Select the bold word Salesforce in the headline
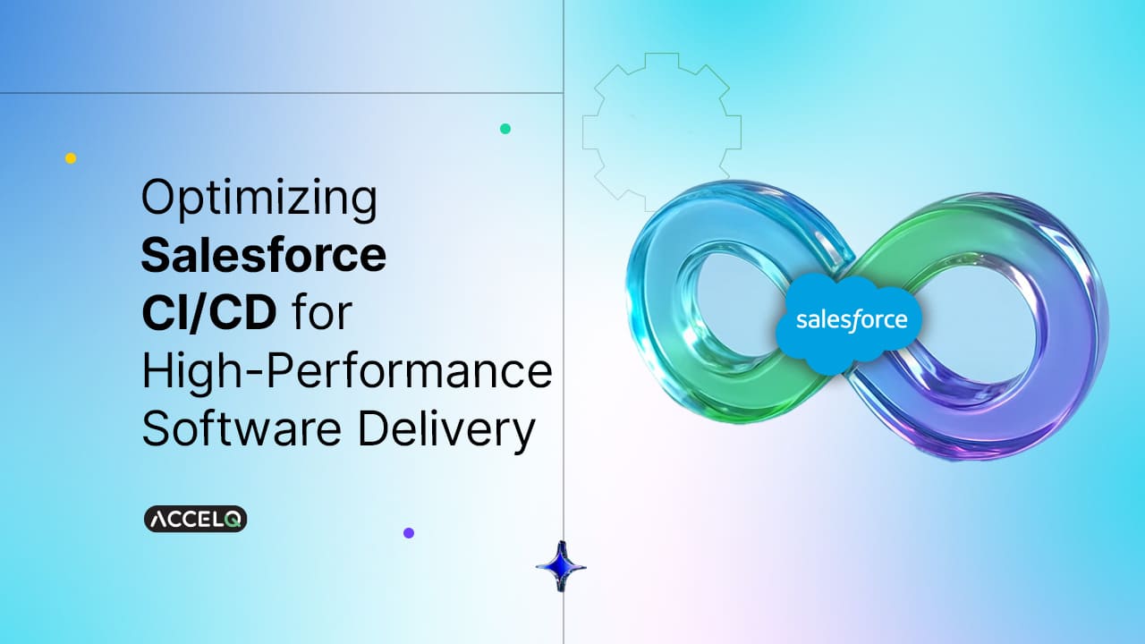point(264,256)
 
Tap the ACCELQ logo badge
point(195,519)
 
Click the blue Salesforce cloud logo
point(851,320)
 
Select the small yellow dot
point(71,158)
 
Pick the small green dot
point(505,129)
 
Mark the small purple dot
point(409,532)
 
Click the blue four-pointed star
point(561,565)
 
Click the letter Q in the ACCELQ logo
point(233,519)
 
